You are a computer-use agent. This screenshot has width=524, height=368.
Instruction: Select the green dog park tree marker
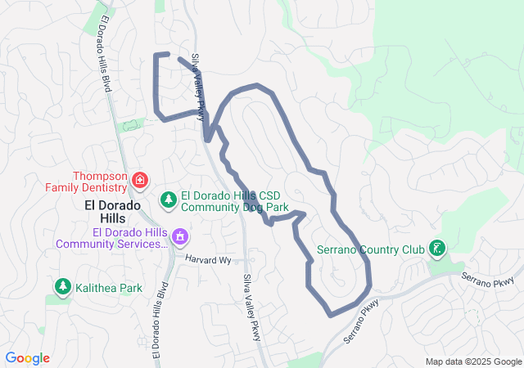pos(168,199)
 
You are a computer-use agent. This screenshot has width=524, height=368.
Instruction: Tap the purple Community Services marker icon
pos(180,238)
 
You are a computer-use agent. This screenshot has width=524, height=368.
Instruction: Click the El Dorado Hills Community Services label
pos(111,237)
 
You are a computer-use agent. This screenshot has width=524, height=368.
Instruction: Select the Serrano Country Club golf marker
pos(438,248)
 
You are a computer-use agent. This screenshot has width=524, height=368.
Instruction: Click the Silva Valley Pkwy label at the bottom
pos(252,307)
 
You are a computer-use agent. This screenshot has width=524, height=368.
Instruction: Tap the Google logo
pos(28,358)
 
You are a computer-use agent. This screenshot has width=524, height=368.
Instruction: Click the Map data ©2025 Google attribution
pos(472,361)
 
